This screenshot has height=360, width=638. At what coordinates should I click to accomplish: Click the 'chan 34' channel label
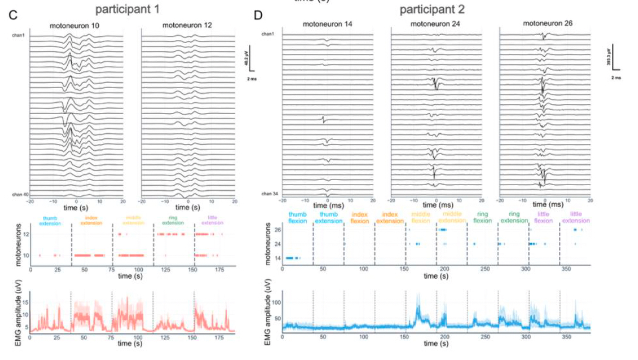269,194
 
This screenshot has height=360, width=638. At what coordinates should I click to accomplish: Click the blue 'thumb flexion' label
296,218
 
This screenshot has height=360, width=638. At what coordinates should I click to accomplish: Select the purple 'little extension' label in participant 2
576,218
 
